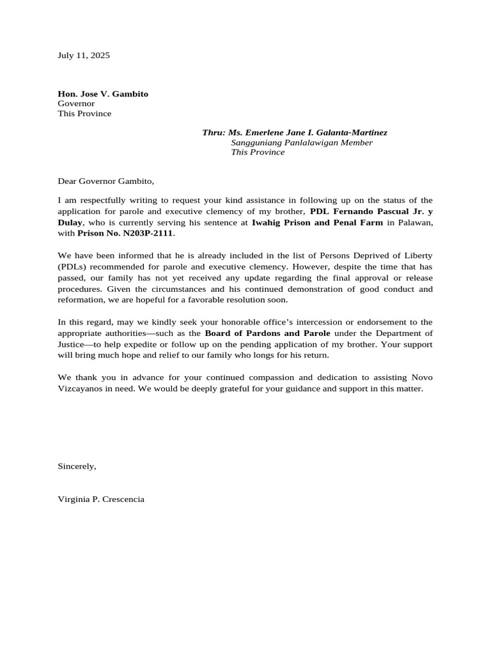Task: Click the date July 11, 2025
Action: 84,56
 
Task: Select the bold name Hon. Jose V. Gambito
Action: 103,94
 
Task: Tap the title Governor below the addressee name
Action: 76,103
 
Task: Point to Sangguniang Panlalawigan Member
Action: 301,142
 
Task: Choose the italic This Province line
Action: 258,152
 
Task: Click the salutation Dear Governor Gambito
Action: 106,181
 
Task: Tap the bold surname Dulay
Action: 70,222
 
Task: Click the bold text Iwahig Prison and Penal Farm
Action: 317,222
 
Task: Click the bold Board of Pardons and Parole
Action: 267,333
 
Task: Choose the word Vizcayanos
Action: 80,388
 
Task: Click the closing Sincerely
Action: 77,466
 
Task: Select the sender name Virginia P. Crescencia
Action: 101,499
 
